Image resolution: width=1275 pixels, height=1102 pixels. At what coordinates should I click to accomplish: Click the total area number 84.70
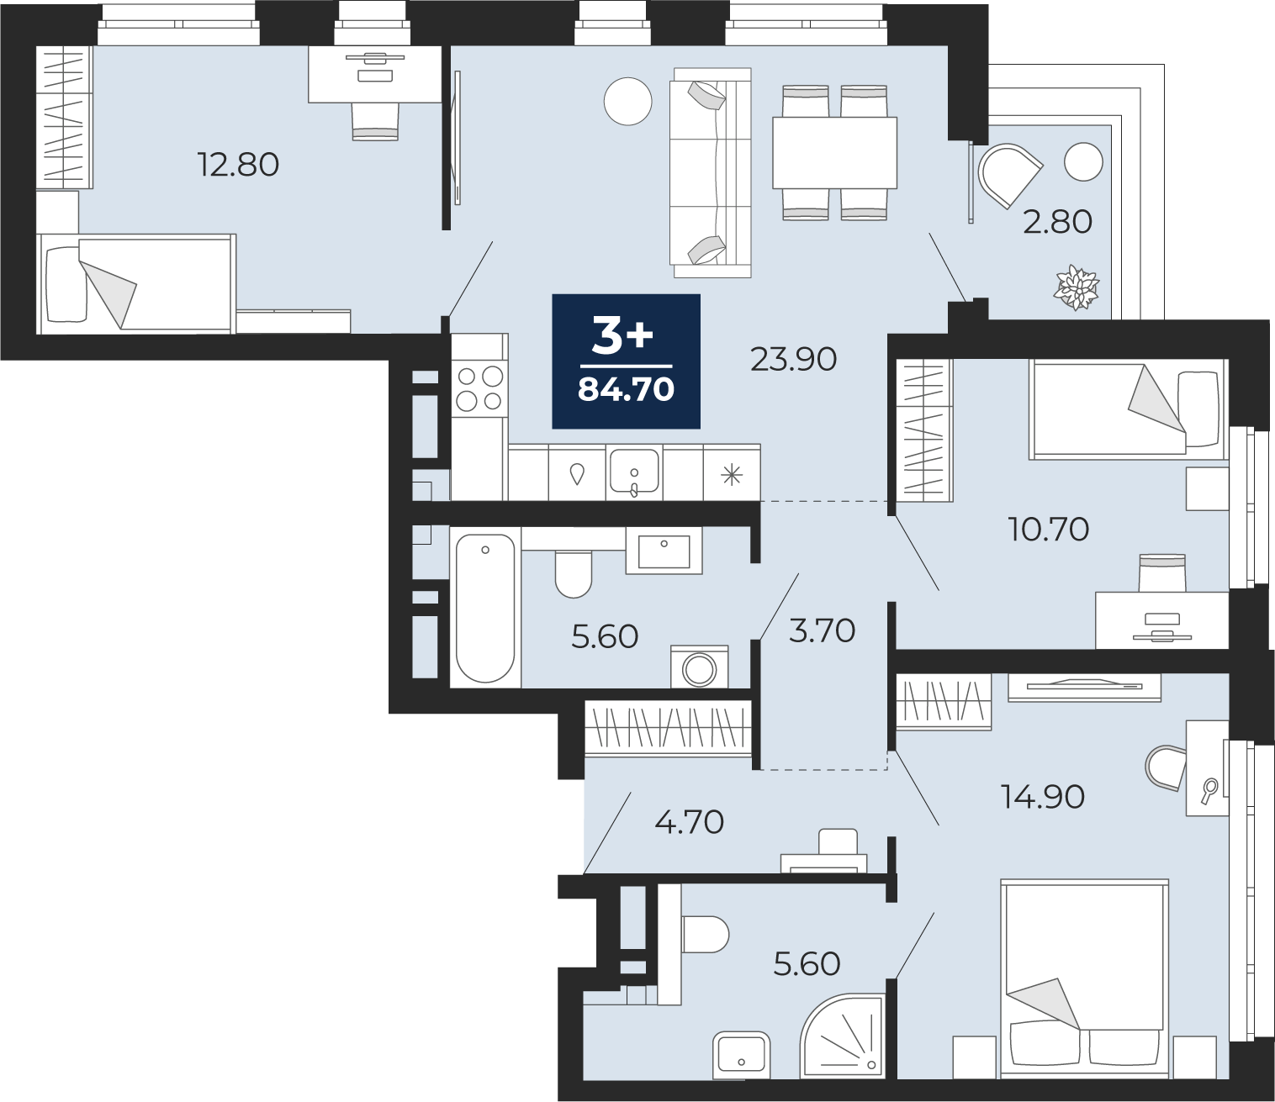626,390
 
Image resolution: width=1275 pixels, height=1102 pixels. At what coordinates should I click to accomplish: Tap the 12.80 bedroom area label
238,165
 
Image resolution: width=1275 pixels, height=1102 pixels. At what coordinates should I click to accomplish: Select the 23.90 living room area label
793,359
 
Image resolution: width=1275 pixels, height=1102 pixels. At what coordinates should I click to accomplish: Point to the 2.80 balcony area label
1057,222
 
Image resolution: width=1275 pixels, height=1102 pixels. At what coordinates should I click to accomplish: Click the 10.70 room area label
1048,529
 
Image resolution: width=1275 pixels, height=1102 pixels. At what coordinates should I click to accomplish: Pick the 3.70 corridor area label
823,631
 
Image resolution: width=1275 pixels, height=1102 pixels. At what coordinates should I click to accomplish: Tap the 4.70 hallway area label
689,822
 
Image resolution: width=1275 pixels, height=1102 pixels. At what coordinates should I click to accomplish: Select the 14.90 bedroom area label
1043,798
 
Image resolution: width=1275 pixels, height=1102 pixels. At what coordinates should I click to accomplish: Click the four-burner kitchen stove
479,388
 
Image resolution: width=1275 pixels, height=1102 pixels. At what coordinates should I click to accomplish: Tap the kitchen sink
634,472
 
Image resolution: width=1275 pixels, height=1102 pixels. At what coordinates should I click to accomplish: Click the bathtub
485,609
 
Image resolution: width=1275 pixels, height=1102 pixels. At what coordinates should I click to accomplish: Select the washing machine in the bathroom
700,667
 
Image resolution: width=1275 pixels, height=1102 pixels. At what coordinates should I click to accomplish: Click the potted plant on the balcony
1077,287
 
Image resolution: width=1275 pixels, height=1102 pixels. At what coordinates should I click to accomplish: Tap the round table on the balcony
1083,161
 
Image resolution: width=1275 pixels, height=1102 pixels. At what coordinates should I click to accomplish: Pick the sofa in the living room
711,172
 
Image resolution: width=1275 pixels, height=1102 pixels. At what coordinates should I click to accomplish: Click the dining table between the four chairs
834,152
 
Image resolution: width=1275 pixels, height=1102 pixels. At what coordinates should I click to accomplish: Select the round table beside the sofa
628,102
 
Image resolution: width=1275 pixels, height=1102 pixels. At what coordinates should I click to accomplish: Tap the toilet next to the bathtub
573,573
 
